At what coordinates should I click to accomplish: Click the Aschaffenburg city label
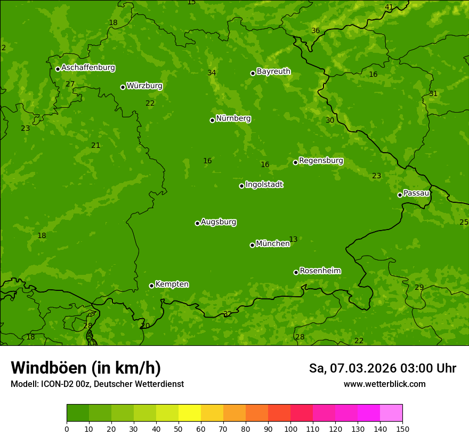tap(88, 68)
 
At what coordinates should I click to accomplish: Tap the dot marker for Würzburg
tap(123, 87)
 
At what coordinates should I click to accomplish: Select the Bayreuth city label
tap(273, 72)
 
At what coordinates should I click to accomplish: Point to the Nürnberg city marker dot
tap(212, 120)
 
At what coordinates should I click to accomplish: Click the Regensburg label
tap(321, 161)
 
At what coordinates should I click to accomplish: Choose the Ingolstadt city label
tap(264, 185)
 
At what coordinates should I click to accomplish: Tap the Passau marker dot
tap(400, 195)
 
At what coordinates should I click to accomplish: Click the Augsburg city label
tap(219, 222)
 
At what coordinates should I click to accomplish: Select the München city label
tap(273, 244)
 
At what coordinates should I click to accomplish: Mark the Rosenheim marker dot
tap(296, 272)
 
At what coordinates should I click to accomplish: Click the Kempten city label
tap(172, 284)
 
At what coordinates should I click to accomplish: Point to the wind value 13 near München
tap(293, 240)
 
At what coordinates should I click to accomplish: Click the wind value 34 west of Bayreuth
tap(212, 73)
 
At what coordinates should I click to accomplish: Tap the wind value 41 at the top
tap(389, 7)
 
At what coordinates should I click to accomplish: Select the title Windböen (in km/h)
tap(86, 368)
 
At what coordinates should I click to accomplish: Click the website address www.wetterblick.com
tap(384, 384)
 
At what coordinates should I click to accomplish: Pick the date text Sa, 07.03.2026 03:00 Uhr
tap(382, 368)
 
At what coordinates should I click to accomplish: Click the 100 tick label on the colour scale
tap(290, 429)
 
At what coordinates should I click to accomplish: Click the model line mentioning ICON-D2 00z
tap(97, 384)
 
